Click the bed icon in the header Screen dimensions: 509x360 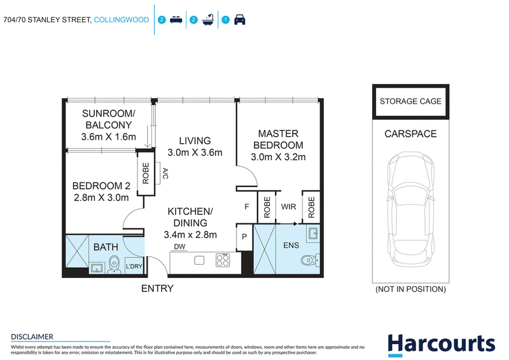click(176, 20)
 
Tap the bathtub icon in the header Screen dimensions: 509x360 click(208, 20)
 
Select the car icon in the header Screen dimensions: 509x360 click(240, 20)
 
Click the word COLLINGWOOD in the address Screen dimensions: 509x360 click(122, 20)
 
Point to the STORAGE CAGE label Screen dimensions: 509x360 click(410, 101)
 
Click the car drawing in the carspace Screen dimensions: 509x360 click(410, 209)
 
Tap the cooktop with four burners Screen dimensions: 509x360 click(223, 260)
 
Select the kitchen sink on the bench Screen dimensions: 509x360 click(199, 260)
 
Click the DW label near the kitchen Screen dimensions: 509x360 click(179, 247)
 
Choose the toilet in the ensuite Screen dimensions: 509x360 click(310, 260)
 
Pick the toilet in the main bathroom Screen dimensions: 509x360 click(114, 263)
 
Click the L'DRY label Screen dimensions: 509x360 click(134, 267)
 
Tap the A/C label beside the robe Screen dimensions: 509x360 click(165, 174)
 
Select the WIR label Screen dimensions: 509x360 click(289, 207)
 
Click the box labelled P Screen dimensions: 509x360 click(244, 237)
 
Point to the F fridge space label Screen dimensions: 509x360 click(247, 207)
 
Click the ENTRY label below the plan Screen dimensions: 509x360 click(157, 288)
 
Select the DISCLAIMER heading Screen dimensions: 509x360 click(32, 336)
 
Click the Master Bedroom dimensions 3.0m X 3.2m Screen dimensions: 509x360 click(278, 157)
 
